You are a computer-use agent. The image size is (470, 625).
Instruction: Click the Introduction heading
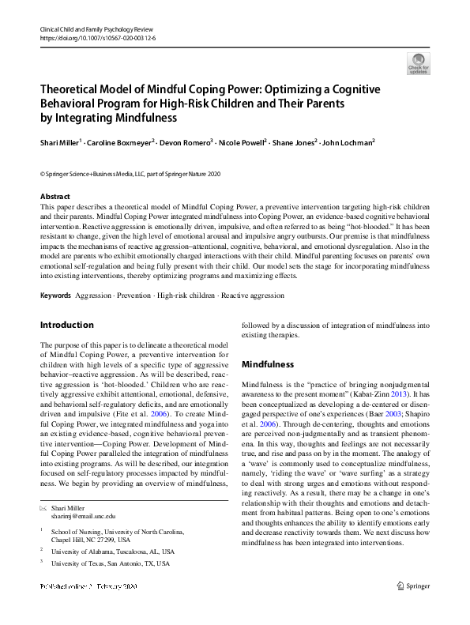point(66,325)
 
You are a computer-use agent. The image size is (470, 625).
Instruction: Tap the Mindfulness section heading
point(268,365)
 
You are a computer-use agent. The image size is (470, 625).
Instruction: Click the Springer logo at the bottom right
point(412,609)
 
